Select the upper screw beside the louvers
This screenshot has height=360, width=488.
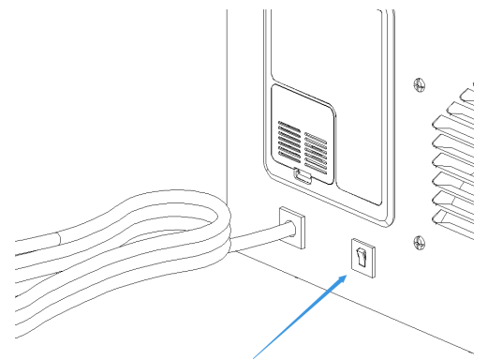click(x=417, y=83)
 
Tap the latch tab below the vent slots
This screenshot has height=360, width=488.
click(x=302, y=174)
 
